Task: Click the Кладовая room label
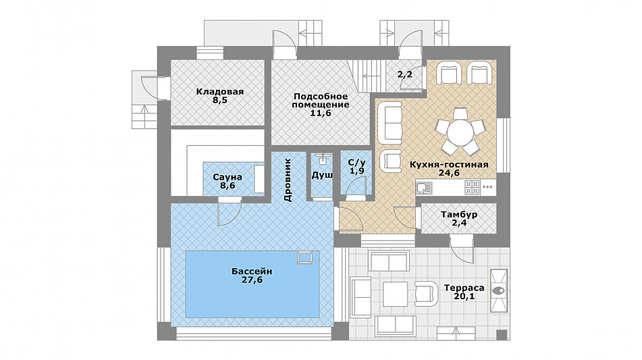[220, 92]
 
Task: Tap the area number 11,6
[321, 113]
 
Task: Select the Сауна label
[228, 178]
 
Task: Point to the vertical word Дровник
[288, 180]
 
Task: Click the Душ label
[322, 176]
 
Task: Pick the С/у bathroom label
[356, 163]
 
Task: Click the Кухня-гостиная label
[449, 165]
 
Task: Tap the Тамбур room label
[459, 215]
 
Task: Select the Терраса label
[464, 288]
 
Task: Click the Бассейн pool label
[252, 271]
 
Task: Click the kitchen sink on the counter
[424, 188]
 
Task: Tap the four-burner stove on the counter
[472, 188]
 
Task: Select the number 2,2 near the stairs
[405, 74]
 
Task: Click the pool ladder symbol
[305, 257]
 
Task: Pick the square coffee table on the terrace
[395, 294]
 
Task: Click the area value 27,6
[252, 280]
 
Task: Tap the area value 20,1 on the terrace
[464, 297]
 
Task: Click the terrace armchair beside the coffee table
[424, 293]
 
